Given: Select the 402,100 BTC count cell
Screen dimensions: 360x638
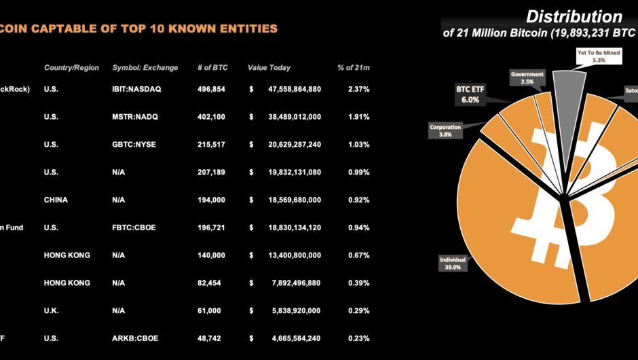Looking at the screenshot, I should coord(212,117).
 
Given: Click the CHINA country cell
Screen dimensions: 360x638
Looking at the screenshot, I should coord(56,200).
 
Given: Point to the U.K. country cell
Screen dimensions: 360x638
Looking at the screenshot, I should coord(53,310).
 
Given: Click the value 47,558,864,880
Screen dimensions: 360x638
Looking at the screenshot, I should coord(288,89).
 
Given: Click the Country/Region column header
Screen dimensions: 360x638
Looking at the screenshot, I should coord(71,68).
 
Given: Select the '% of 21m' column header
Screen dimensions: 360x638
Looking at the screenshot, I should coord(354,68).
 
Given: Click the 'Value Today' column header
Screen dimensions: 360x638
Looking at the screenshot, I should coord(269,68).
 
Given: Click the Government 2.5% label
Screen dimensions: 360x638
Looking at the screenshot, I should coord(527,77).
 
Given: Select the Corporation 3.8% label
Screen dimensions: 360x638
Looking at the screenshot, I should coord(445,130).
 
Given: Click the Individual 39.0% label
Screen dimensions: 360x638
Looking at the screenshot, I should coord(453,263).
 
